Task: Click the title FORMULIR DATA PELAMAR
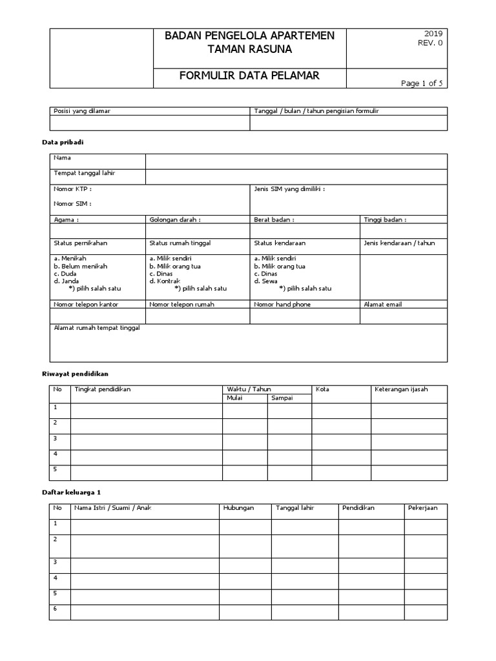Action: click(249, 76)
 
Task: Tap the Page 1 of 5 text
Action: click(422, 83)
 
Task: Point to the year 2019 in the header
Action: click(433, 34)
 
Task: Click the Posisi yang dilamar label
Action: click(81, 111)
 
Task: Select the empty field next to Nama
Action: click(296, 161)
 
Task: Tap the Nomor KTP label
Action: click(72, 189)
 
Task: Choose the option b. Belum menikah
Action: click(81, 266)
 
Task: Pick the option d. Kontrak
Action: click(165, 281)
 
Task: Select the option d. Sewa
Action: click(265, 281)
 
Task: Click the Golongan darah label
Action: click(175, 219)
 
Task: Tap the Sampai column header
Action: click(282, 398)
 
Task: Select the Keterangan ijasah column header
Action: click(401, 389)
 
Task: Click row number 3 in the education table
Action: click(56, 438)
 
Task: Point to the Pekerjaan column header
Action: click(422, 508)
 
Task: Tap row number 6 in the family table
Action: click(56, 609)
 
